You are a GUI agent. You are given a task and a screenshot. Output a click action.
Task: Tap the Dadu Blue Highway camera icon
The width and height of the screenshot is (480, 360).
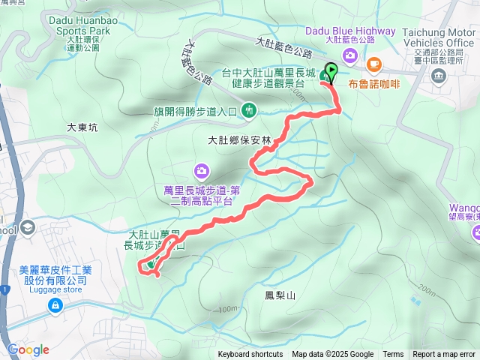[350, 56]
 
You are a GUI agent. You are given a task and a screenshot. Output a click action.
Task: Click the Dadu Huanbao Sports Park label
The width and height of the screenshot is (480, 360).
[79, 26]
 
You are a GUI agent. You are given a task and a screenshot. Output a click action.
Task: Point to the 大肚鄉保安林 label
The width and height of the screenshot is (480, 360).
[233, 140]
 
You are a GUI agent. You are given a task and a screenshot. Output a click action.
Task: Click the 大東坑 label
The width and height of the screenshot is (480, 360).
[82, 128]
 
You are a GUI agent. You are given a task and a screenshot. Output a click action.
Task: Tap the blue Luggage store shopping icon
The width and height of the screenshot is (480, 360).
[55, 305]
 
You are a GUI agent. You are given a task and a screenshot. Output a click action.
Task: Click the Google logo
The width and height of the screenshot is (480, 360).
[28, 349]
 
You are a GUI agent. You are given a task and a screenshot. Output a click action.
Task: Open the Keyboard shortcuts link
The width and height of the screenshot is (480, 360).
[250, 355]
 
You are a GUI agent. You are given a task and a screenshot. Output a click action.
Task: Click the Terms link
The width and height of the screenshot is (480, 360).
[393, 355]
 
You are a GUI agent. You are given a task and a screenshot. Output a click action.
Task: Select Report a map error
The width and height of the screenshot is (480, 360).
[443, 355]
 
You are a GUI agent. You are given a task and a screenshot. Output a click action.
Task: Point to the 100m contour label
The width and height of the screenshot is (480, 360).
[226, 309]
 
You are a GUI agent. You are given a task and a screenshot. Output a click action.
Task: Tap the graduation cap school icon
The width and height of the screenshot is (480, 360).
[28, 227]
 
